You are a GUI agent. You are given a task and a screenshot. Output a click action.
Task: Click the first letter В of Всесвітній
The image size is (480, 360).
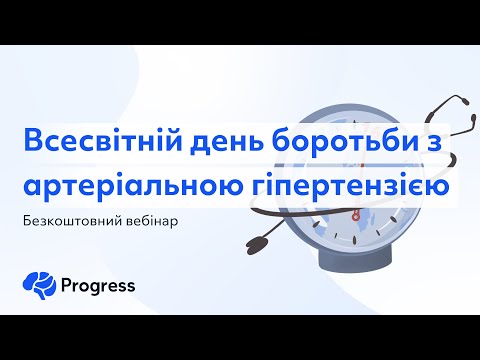pos(33,143)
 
